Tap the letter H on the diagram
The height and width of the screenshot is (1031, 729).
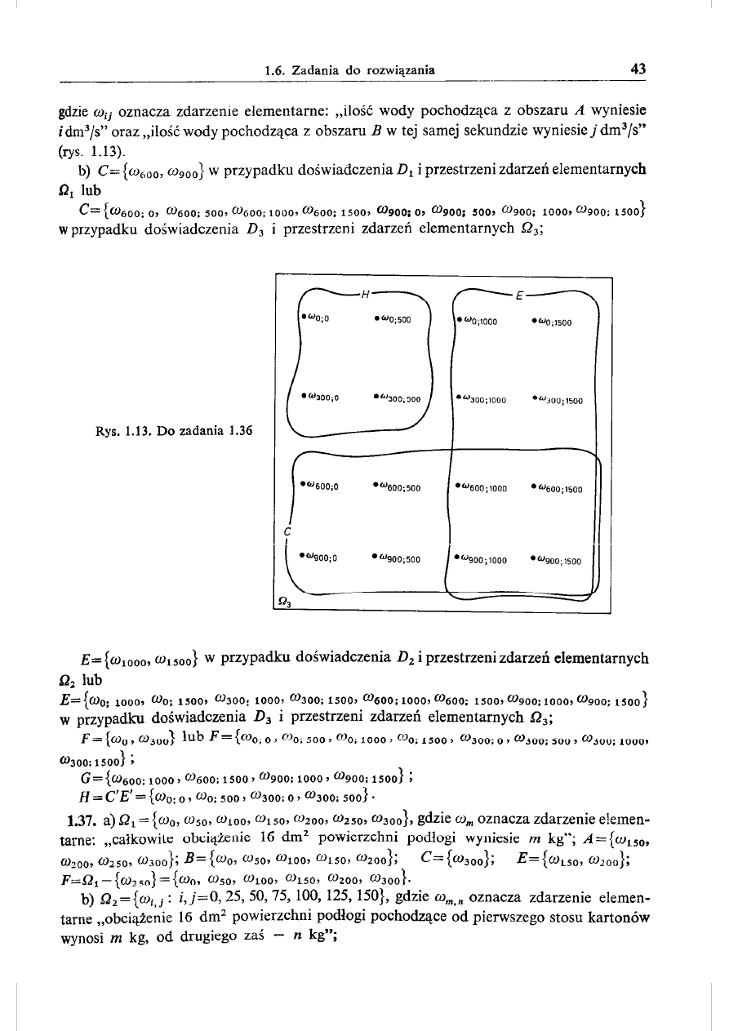(367, 293)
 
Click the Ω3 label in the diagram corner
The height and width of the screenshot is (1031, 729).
(286, 602)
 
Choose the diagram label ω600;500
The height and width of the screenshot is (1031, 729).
(396, 489)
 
